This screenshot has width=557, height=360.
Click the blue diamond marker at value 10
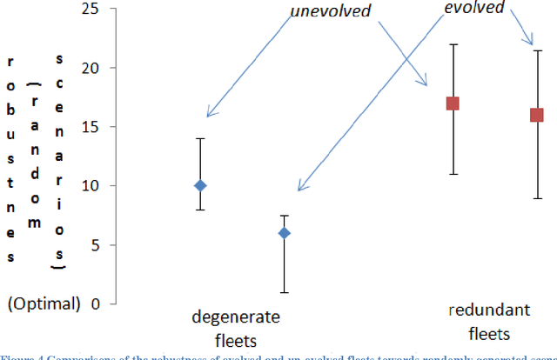pyautogui.click(x=200, y=185)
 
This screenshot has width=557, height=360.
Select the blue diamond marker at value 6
pyautogui.click(x=284, y=233)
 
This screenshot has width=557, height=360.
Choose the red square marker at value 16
pyautogui.click(x=537, y=115)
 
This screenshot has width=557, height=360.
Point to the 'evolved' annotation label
pyautogui.click(x=474, y=8)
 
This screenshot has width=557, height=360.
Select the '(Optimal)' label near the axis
pyautogui.click(x=43, y=303)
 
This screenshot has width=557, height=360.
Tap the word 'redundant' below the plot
pyautogui.click(x=481, y=310)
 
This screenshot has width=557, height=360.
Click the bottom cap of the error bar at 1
pyautogui.click(x=284, y=292)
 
